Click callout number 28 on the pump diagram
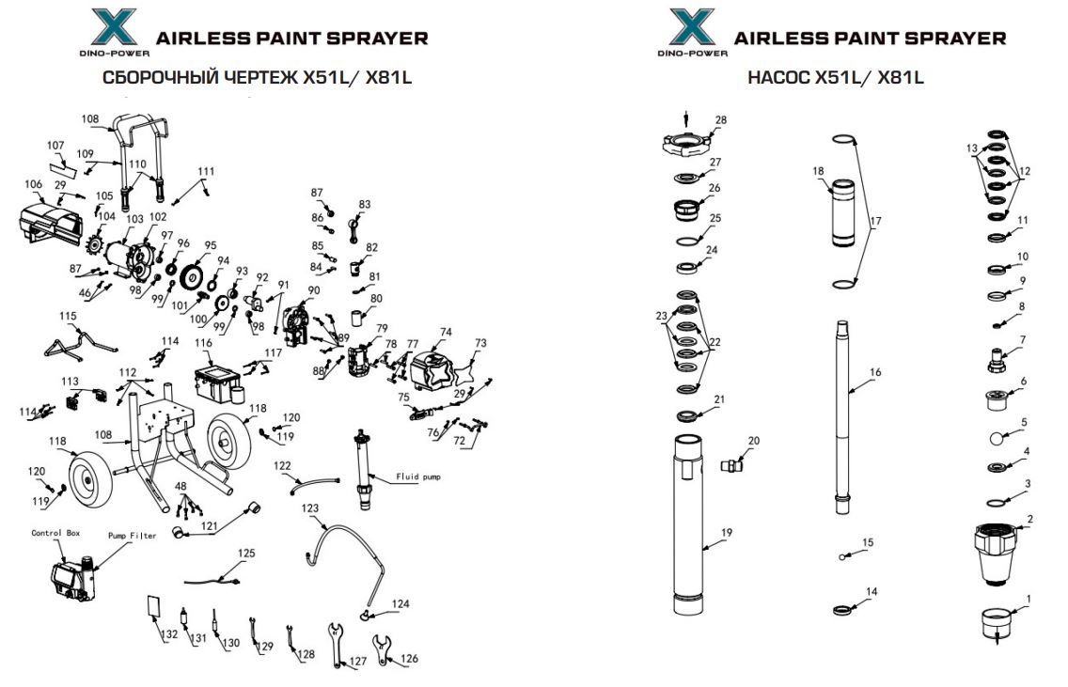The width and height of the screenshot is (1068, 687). (x=721, y=120)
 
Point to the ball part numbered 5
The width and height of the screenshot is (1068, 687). (x=997, y=438)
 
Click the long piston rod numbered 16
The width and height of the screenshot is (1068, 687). (x=843, y=414)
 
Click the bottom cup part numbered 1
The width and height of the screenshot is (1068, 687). (x=996, y=621)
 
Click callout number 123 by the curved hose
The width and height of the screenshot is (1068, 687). (x=311, y=508)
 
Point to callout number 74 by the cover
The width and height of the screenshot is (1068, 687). (x=446, y=333)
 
